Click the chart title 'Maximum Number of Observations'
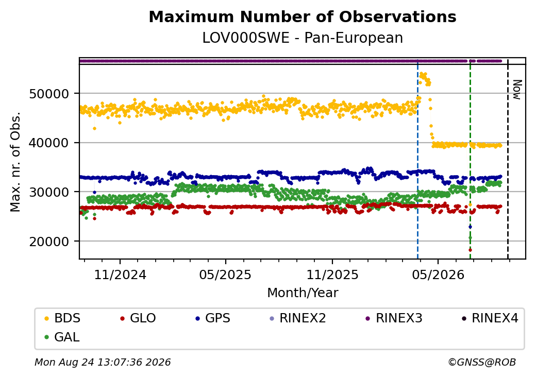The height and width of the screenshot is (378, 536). click(303, 16)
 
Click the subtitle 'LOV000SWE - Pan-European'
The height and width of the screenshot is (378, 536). click(303, 38)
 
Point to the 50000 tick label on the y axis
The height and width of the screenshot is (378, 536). click(49, 94)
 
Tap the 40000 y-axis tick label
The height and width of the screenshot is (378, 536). click(49, 143)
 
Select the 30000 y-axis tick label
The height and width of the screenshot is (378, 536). click(49, 192)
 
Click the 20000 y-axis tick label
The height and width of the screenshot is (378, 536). click(49, 242)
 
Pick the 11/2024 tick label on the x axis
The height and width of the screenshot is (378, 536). click(120, 275)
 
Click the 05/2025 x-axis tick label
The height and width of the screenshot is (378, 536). click(225, 275)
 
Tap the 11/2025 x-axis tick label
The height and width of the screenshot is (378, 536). click(332, 275)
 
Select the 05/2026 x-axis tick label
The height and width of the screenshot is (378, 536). click(438, 275)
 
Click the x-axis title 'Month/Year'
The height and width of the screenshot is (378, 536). click(303, 293)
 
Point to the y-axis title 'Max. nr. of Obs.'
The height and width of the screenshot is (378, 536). click(15, 162)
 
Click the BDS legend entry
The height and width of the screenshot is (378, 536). click(62, 318)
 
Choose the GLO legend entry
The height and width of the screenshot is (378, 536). click(138, 318)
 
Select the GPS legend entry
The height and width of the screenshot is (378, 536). click(213, 318)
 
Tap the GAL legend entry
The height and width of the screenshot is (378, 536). click(62, 337)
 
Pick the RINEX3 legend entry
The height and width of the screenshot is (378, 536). click(394, 318)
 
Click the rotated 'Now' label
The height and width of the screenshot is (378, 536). click(517, 90)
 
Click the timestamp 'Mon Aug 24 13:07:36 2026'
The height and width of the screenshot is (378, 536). click(103, 362)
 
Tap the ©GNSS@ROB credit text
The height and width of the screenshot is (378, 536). click(482, 362)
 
